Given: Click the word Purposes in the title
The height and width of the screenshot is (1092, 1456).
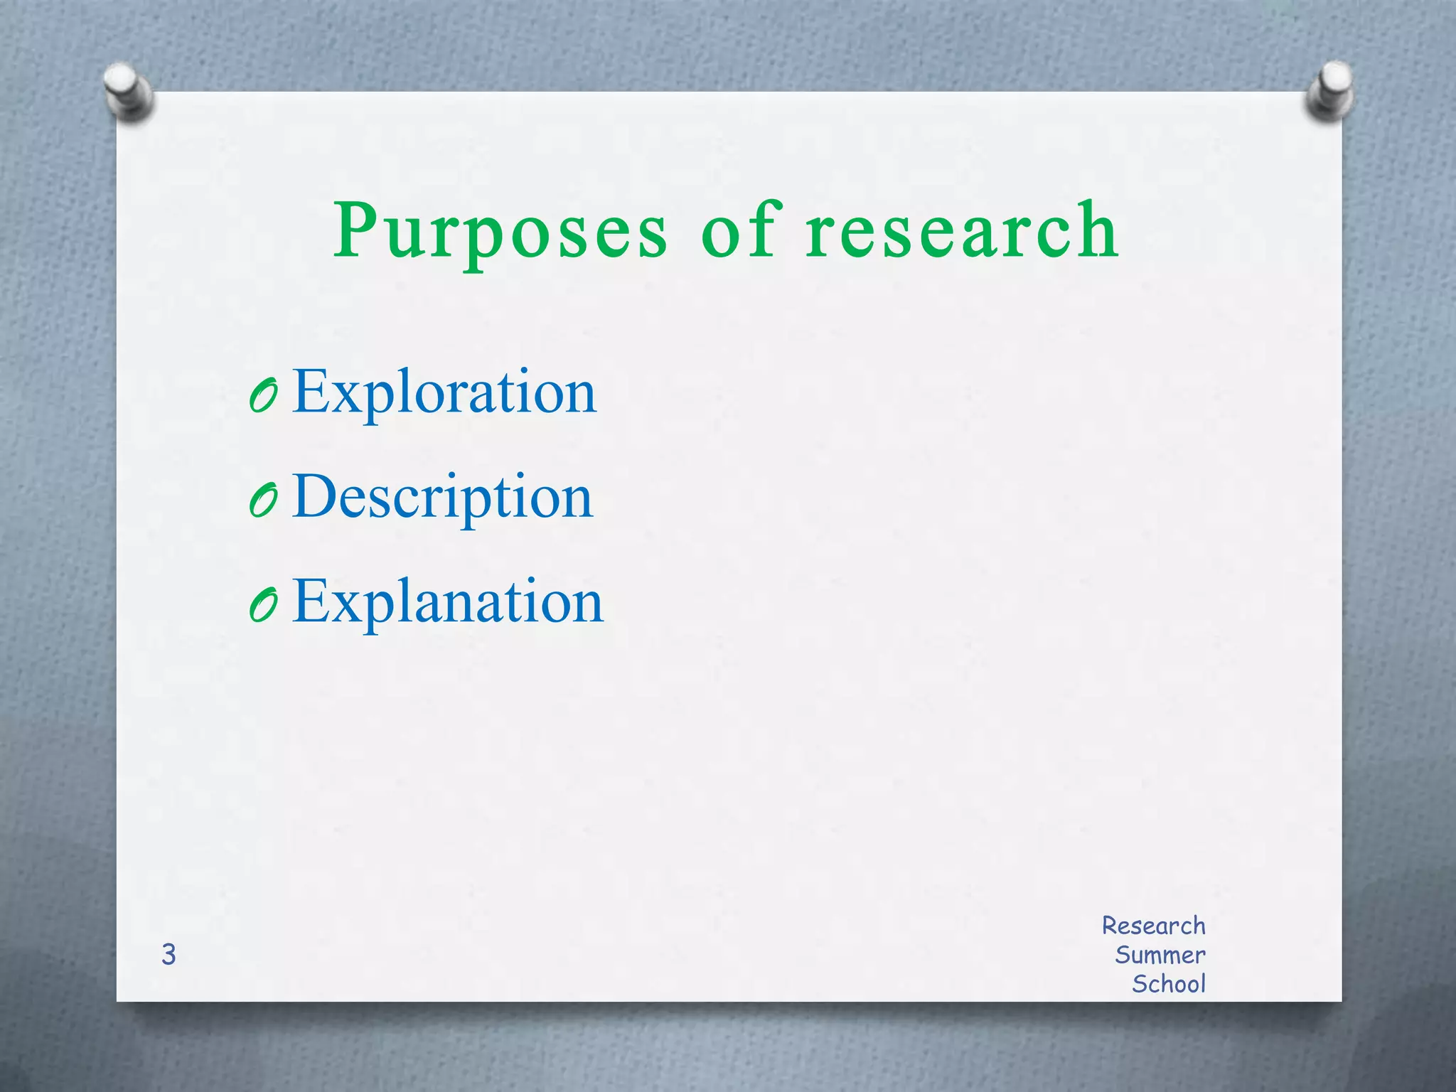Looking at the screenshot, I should point(500,232).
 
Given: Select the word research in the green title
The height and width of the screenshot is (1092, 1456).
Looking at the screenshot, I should point(962,230).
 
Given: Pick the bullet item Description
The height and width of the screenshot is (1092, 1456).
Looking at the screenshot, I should point(442,497).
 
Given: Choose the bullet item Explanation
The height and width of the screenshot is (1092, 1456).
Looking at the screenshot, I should point(448,602).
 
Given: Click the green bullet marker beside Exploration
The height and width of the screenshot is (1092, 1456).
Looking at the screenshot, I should point(263,395).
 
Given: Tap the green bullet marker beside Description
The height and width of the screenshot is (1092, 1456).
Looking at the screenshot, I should point(263,500).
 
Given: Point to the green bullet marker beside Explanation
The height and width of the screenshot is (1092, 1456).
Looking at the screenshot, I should point(263,606).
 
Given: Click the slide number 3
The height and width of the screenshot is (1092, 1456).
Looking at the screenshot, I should point(168,955).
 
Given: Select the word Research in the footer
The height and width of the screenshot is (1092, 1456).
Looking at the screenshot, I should point(1153,926).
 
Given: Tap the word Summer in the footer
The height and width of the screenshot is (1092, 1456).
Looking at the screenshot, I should point(1160,955).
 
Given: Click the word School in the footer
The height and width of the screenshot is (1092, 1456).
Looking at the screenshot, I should point(1168,984).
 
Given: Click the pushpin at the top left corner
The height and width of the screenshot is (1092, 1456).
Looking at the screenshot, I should point(128,91).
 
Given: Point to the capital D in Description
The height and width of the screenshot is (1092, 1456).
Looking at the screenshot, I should point(314,496).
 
